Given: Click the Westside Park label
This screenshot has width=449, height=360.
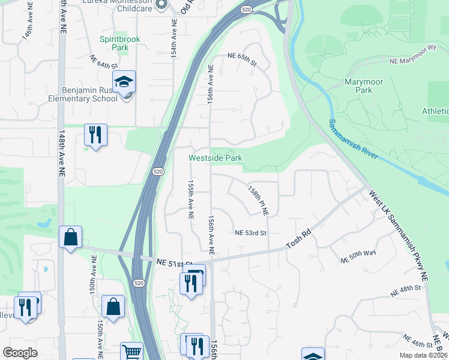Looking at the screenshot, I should pos(215,158).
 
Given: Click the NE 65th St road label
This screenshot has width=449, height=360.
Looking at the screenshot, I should pos(242,56).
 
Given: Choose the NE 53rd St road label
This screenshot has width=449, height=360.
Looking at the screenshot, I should pos(250,233).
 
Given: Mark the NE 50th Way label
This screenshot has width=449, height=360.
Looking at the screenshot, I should pos(358,257).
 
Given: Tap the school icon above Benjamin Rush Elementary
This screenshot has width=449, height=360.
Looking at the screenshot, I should pos(124,82).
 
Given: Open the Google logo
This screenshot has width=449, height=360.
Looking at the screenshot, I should pos(20,353).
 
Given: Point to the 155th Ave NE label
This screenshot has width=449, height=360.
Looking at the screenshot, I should pos(190,199).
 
